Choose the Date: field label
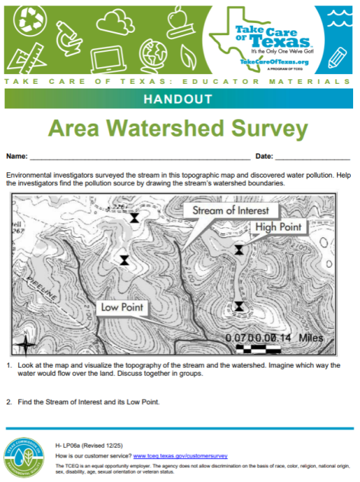264,156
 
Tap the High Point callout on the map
279,227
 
